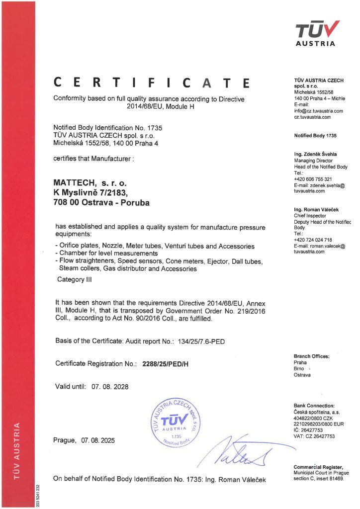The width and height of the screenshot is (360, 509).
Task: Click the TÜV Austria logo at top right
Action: coord(318,33)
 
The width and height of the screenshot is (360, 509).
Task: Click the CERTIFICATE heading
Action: coord(152,82)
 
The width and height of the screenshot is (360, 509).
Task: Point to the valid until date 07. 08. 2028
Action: coord(113,386)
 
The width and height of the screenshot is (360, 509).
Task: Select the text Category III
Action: coord(75,279)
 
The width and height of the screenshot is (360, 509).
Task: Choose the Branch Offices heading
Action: coord(312,356)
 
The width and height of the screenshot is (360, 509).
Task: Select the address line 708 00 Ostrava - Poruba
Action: coord(101,202)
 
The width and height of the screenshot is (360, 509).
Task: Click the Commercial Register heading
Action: coord(318,466)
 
